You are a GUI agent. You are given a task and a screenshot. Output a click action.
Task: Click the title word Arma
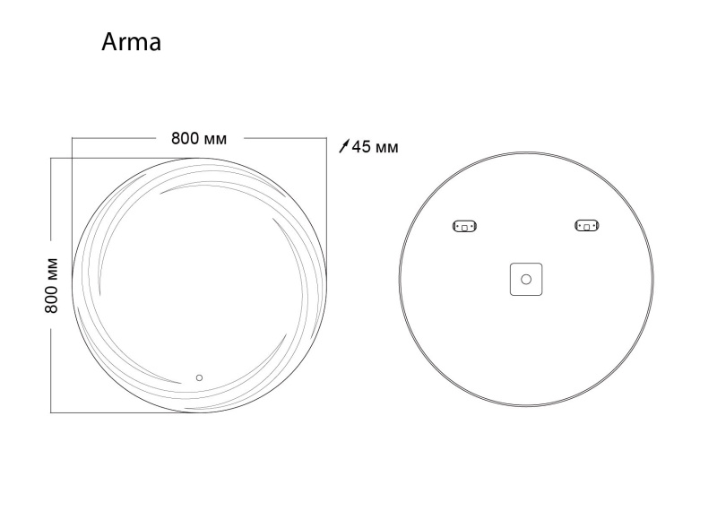coord(131,42)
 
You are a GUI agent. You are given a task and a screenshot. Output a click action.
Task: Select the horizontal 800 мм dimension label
coord(199,139)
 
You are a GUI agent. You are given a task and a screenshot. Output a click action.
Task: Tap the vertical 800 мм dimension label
coord(52,284)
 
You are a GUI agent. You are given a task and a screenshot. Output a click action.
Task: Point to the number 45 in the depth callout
coord(361,146)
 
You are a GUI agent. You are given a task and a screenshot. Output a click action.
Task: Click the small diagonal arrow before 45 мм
coord(344,146)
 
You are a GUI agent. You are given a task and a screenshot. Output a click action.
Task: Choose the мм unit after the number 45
coord(386,146)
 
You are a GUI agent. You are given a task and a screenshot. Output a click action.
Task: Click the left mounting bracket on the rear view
coord(465,226)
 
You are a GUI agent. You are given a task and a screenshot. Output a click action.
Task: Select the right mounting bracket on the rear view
coord(586,226)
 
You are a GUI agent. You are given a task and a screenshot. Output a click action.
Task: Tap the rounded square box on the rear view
coord(526,279)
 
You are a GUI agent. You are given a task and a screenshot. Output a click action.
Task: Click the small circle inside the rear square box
coord(526,279)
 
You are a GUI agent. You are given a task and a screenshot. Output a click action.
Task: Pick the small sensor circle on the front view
coord(200,377)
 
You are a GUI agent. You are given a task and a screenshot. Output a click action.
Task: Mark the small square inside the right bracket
coord(586,227)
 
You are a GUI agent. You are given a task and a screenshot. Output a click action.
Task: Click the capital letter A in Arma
coord(109,42)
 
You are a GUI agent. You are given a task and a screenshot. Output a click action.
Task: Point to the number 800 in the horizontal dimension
coord(185,139)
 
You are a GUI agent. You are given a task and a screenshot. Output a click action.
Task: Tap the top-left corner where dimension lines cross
coord(72,158)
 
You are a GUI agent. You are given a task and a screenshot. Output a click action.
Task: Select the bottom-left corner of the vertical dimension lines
coord(51,412)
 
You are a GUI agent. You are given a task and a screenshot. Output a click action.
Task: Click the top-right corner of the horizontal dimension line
coord(326,139)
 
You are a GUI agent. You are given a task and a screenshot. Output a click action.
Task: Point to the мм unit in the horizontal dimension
coord(215,139)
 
